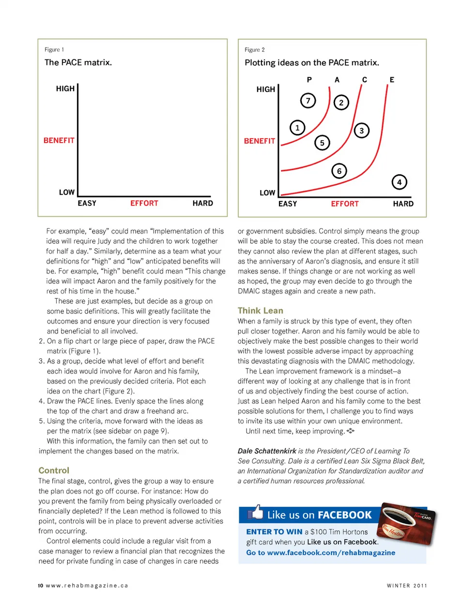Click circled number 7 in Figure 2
point(308,101)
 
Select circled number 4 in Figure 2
point(399,182)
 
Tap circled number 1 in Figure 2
point(297,128)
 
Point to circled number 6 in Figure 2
point(339,171)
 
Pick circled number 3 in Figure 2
point(361,131)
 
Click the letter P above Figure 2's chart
point(309,80)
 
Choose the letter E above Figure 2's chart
point(392,80)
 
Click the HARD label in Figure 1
point(202,204)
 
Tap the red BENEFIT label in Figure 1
point(59,141)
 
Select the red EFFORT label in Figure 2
point(345,204)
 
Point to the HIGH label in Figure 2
point(265,89)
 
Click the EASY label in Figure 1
point(87,204)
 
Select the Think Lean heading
point(261,311)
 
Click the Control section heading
point(54,470)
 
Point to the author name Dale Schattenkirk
point(267,451)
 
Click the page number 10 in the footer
point(40,586)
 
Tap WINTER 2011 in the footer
point(407,586)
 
